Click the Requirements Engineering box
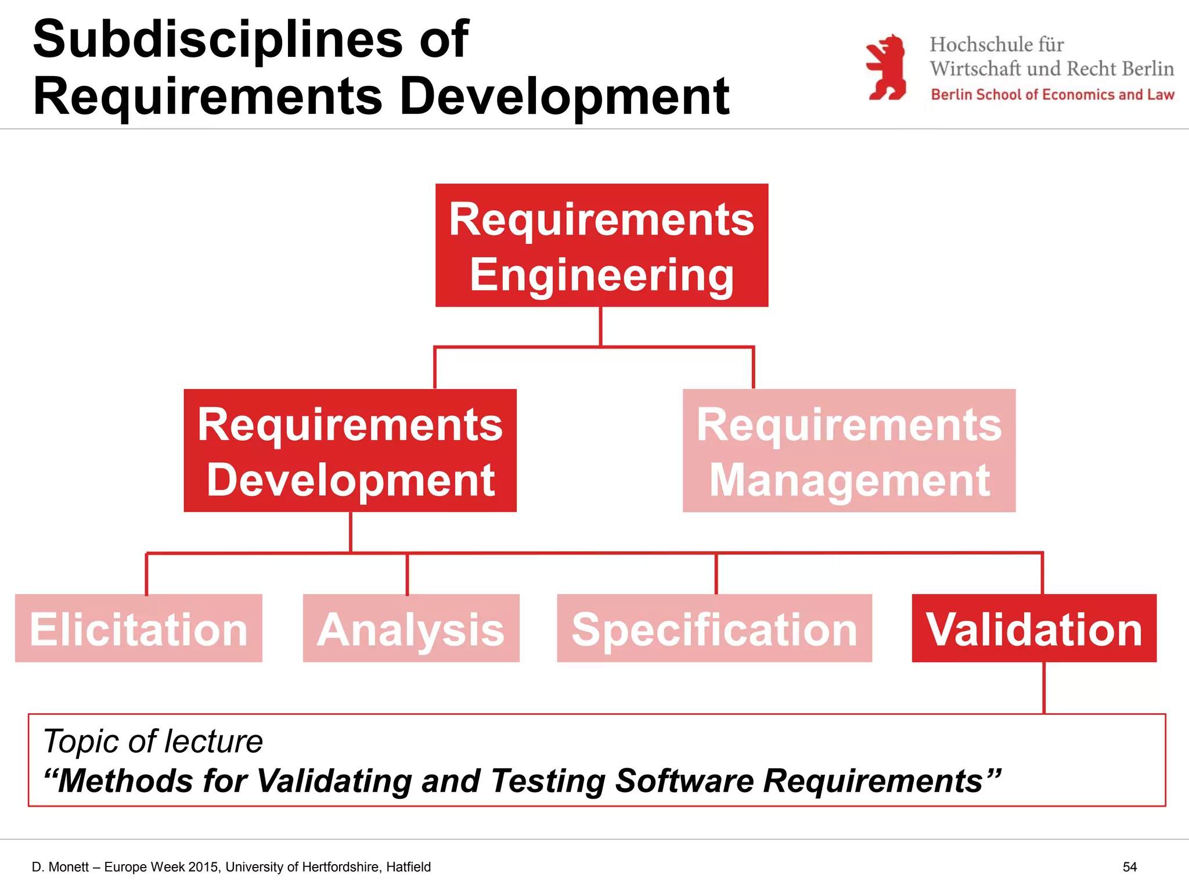[601, 245]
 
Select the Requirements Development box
[350, 451]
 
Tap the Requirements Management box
[849, 451]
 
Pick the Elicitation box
[139, 628]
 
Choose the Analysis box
[411, 628]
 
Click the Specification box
[714, 628]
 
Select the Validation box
[1034, 628]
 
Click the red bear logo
[886, 67]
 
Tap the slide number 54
[1129, 867]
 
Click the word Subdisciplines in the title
[218, 39]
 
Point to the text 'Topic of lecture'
[153, 741]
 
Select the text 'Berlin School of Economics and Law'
[1052, 95]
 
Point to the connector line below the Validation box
[1044, 688]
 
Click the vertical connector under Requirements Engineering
[600, 326]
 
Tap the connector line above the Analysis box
[407, 574]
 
